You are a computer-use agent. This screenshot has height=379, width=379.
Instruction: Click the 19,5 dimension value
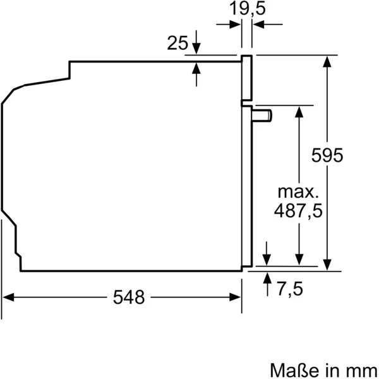point(247,9)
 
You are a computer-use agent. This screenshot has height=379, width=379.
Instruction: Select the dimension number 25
point(177,43)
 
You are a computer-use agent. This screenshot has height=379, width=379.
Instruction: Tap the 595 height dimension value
point(328,155)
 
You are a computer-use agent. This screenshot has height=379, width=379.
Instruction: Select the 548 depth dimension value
point(129,297)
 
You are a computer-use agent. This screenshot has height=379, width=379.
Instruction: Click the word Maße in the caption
point(290,368)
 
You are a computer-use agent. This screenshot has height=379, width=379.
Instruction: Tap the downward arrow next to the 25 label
point(196,47)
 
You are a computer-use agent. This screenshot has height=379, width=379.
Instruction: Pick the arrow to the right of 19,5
point(260,24)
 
